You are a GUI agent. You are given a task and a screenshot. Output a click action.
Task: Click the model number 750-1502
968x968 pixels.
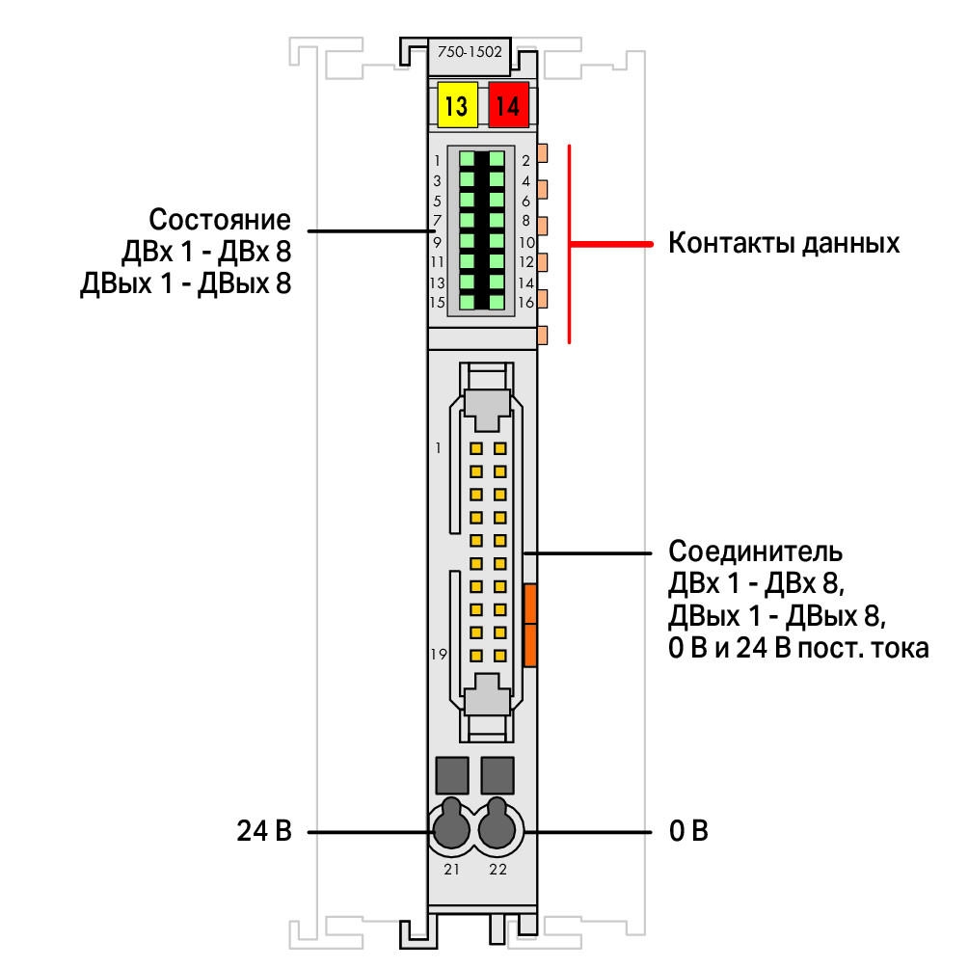point(470,52)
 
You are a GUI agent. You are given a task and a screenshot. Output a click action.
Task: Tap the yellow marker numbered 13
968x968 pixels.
point(457,105)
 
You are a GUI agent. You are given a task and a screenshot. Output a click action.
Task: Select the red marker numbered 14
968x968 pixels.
point(509,105)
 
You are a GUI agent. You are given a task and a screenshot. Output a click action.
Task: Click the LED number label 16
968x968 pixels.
point(526,303)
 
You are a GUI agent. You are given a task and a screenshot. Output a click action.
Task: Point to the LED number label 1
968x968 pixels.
point(437,160)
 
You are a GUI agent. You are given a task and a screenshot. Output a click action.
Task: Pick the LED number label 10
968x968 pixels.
point(526,242)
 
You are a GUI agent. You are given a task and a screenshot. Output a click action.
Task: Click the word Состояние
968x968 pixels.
point(220,220)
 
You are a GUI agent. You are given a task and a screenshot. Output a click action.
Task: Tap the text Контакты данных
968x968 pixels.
point(784,243)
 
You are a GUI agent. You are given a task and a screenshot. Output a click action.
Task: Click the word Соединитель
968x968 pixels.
point(755,551)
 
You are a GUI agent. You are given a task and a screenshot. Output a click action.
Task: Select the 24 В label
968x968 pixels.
point(264,831)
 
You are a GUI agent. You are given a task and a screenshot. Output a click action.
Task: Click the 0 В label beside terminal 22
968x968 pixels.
point(688,831)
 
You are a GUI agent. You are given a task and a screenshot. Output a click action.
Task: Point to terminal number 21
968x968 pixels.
point(452,870)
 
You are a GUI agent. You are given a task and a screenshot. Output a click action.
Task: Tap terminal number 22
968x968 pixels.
point(497,870)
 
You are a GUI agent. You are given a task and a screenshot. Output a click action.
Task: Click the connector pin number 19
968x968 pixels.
point(439,654)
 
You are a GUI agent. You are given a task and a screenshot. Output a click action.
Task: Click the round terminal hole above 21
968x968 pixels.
point(451,825)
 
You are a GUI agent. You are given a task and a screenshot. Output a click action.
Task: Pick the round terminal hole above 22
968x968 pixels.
point(497,825)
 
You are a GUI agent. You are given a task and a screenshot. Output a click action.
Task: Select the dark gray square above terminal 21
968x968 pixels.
point(452,775)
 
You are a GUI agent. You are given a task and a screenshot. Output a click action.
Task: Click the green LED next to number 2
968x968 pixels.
point(497,160)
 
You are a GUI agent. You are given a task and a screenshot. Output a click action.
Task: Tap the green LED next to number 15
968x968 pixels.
point(468,302)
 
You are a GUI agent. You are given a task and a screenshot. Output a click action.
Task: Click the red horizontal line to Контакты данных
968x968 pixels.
point(610,244)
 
